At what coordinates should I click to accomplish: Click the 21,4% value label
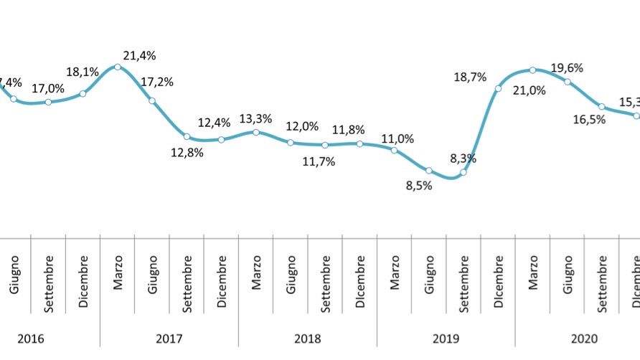pyautogui.click(x=139, y=56)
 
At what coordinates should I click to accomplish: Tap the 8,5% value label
pyautogui.click(x=419, y=187)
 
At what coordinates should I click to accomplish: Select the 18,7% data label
pyautogui.click(x=471, y=77)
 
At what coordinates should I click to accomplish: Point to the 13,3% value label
pyautogui.click(x=255, y=118)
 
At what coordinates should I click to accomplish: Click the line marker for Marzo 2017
pyautogui.click(x=118, y=67)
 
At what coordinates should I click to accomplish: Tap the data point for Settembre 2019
pyautogui.click(x=463, y=172)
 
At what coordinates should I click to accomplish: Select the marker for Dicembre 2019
pyautogui.click(x=498, y=88)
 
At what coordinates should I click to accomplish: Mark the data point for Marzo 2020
pyautogui.click(x=532, y=70)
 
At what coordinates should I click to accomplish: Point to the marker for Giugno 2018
pyautogui.click(x=291, y=143)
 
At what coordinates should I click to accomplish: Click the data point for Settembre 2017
pyautogui.click(x=187, y=136)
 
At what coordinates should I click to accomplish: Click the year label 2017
pyautogui.click(x=169, y=338)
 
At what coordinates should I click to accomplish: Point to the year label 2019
pyautogui.click(x=446, y=338)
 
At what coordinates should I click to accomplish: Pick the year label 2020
pyautogui.click(x=584, y=338)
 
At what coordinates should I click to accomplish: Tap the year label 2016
pyautogui.click(x=30, y=338)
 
